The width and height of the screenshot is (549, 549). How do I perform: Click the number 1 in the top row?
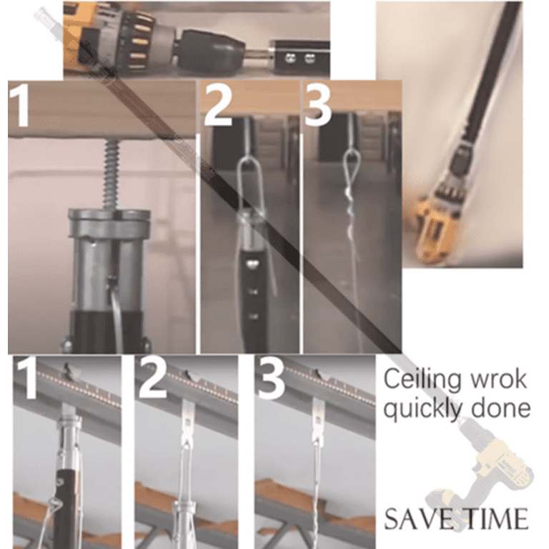(21, 105)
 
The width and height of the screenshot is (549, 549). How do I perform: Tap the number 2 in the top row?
(217, 105)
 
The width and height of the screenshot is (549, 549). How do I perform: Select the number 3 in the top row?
(318, 105)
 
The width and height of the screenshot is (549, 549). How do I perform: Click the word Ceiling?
(421, 380)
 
